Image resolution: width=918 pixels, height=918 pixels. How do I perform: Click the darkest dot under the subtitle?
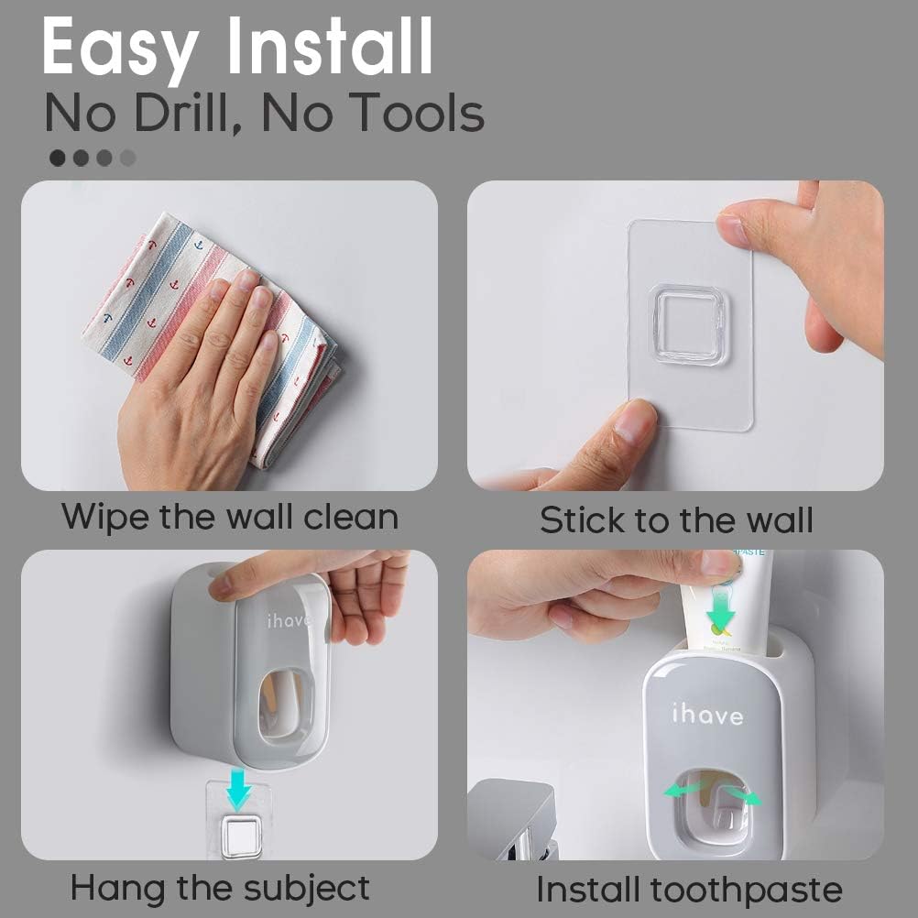click(x=58, y=158)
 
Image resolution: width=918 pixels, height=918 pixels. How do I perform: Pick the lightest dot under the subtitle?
click(x=127, y=158)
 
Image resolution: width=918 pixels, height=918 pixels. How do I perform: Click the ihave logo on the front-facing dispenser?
click(x=706, y=716)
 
